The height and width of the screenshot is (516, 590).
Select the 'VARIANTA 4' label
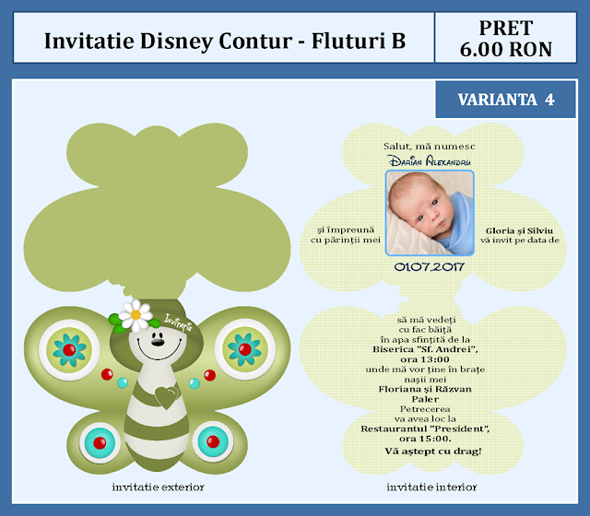(x=506, y=100)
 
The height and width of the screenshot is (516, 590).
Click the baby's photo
(x=428, y=214)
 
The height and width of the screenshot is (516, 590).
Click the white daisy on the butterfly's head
(x=136, y=314)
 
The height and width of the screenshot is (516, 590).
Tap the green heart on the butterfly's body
(x=166, y=398)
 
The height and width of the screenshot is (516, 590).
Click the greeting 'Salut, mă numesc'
(x=428, y=147)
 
